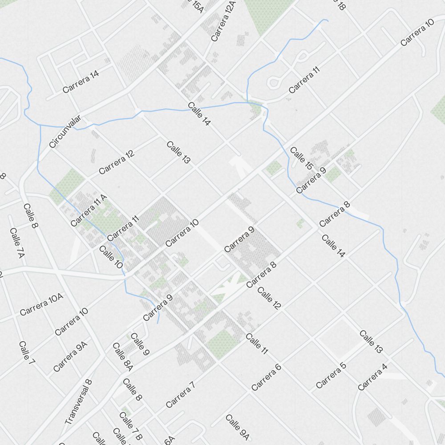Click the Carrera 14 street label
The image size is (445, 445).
tap(81, 82)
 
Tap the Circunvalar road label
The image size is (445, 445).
tap(65, 131)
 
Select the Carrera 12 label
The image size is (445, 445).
tap(117, 162)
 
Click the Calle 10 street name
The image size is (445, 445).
tap(111, 257)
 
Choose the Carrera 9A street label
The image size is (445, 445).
tap(70, 356)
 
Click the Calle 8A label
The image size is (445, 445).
tap(122, 356)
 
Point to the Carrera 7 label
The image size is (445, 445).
tap(180, 395)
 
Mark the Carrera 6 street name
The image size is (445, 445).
tap(267, 377)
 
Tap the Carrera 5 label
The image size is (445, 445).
tap(331, 375)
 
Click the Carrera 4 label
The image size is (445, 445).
tap(372, 377)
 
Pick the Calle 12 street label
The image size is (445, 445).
tap(269, 299)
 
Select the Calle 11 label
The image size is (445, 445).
tap(257, 344)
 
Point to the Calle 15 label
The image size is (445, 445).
tap(301, 158)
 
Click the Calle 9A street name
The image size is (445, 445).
tap(237, 427)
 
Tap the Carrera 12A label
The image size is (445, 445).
tap(223, 21)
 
